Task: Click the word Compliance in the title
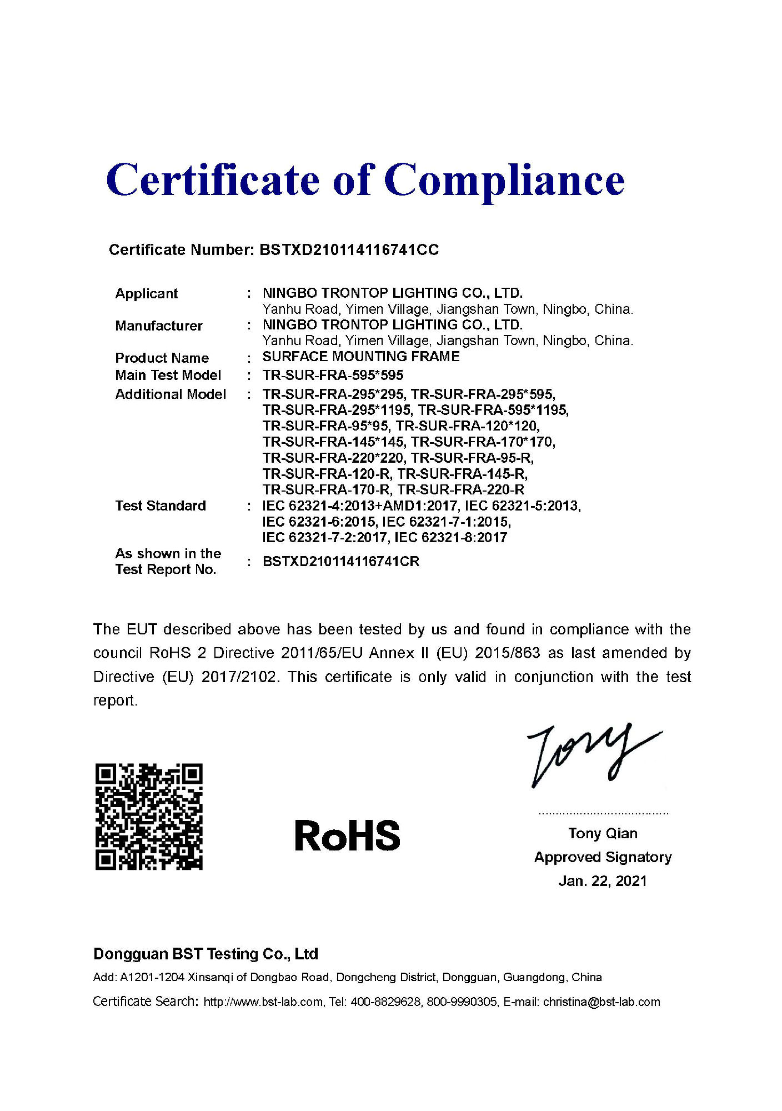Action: tap(504, 181)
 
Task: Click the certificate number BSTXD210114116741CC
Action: tap(349, 250)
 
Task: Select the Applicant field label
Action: tap(146, 293)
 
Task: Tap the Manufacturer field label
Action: tap(158, 326)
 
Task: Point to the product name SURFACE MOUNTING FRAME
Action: tap(361, 357)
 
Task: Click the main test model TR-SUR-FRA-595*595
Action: tap(333, 375)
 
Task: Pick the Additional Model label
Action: tap(171, 394)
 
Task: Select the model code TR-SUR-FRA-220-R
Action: tap(460, 490)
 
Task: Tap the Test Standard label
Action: tap(161, 506)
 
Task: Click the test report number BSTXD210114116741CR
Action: tap(340, 562)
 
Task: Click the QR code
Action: tap(149, 816)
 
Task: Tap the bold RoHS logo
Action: tap(347, 835)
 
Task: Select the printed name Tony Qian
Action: tap(603, 833)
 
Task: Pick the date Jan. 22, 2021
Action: tap(603, 881)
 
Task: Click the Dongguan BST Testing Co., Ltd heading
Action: tap(205, 954)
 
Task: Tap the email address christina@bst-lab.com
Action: tap(601, 1002)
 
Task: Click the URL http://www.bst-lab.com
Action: tap(263, 1002)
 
